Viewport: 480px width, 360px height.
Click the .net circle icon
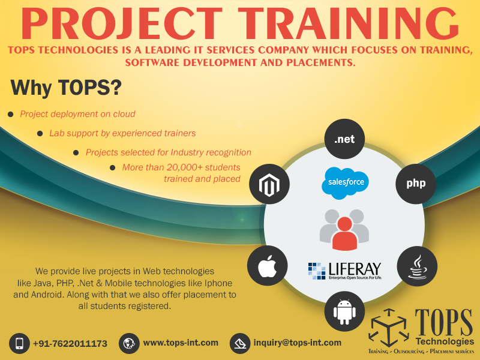tap(344, 139)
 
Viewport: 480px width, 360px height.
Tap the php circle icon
tap(416, 183)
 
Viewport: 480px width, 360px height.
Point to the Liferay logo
tap(344, 270)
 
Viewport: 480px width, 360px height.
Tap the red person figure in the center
tap(344, 232)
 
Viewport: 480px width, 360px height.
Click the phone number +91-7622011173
tap(70, 344)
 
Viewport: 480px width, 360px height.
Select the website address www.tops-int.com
tap(181, 343)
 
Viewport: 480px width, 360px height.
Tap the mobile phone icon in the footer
tap(19, 343)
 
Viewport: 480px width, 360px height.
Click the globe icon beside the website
tap(128, 343)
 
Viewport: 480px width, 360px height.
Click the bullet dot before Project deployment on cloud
tap(10, 114)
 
